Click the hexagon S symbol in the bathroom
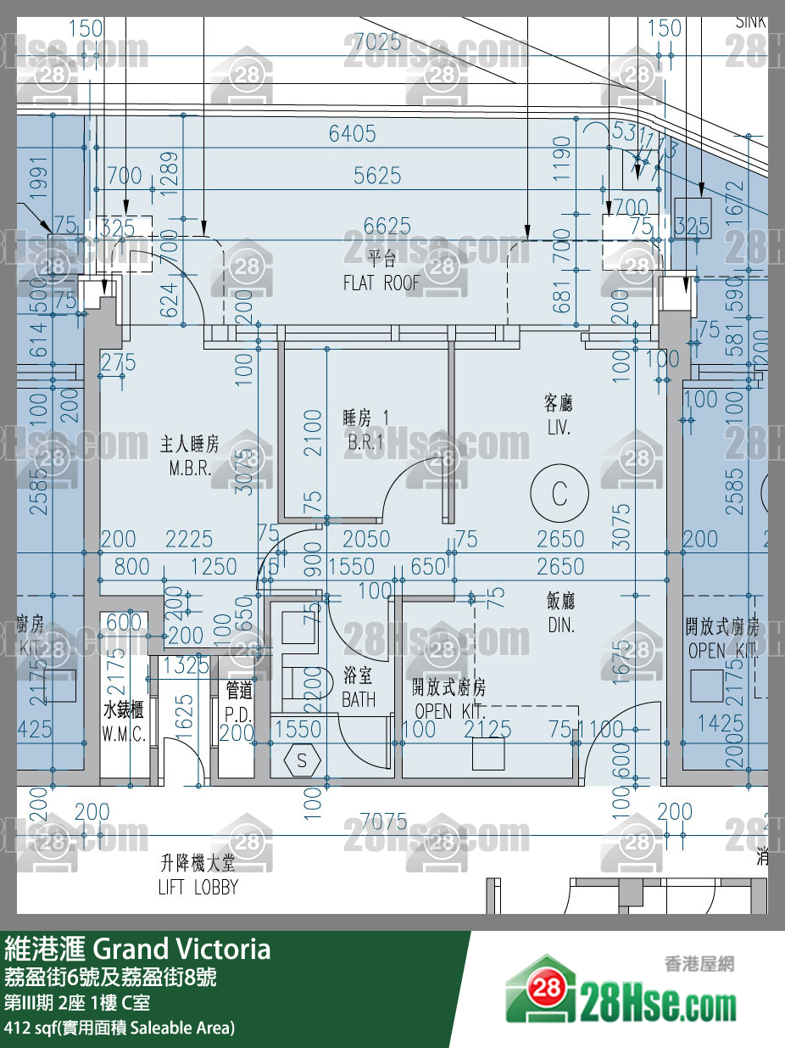pos(302,760)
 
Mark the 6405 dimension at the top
pos(353,133)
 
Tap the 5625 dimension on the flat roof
pos(377,176)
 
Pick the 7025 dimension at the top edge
pos(377,41)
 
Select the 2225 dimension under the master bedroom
pos(189,538)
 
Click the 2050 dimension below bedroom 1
pos(366,538)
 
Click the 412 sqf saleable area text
pos(119,1028)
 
